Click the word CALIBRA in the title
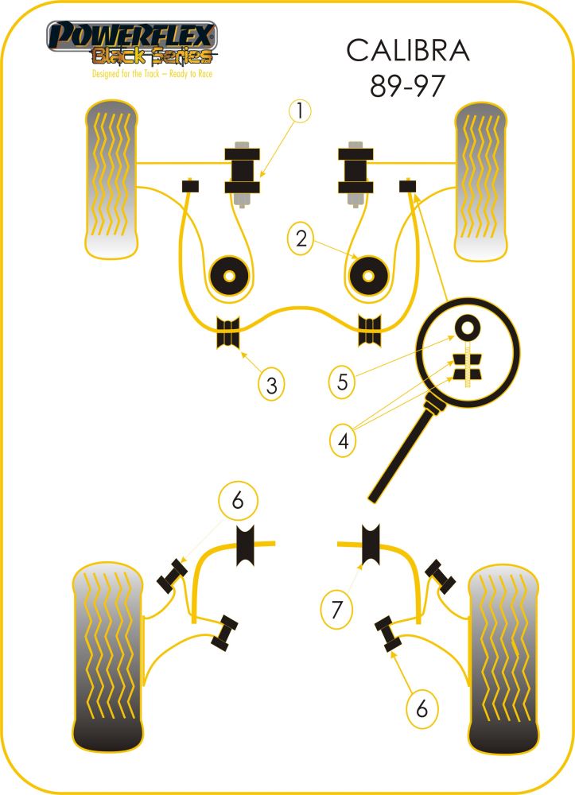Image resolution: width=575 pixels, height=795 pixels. (x=408, y=51)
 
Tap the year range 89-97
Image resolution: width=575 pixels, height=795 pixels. (x=408, y=86)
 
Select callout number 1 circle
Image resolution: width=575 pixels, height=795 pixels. (x=300, y=111)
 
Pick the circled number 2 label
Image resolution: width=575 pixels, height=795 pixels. (x=301, y=238)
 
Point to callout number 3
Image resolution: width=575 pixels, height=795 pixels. (x=271, y=385)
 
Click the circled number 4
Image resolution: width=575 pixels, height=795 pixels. (x=343, y=440)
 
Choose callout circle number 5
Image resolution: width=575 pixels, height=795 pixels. (x=342, y=382)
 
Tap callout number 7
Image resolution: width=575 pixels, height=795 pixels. (x=336, y=609)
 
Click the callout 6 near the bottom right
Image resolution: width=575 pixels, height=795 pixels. (x=422, y=709)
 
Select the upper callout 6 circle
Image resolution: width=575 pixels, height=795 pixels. (x=238, y=500)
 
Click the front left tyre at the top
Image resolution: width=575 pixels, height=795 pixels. (x=111, y=179)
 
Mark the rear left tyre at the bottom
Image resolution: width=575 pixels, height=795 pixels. (x=108, y=657)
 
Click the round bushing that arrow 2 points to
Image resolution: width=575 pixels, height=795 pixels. (x=369, y=277)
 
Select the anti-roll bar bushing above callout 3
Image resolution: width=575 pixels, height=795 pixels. (x=227, y=332)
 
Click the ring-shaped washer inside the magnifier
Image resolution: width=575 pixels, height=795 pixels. (x=467, y=327)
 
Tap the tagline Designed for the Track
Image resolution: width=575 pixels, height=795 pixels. (x=125, y=74)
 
